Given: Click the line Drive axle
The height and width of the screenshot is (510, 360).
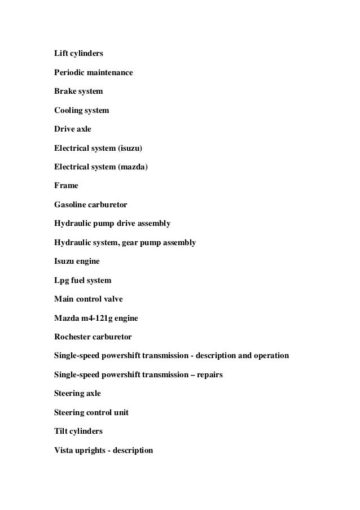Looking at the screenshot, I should [x=72, y=129].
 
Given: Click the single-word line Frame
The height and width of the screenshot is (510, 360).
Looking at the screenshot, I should [x=66, y=185].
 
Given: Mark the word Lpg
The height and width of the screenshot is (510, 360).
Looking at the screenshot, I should [x=62, y=280].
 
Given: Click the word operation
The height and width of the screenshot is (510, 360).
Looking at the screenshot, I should [x=270, y=356].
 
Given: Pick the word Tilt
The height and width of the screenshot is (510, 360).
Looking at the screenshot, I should [x=61, y=431].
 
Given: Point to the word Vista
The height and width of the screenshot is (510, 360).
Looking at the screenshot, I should [x=64, y=450].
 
